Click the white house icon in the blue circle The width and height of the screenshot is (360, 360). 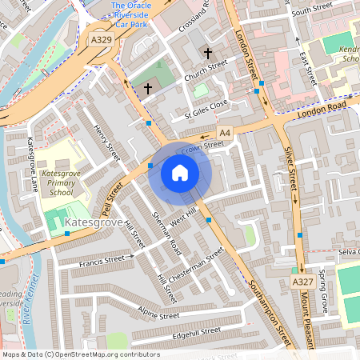(180, 173)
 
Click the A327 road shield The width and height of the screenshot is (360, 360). (302, 282)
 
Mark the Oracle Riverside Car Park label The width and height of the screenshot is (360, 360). (130, 14)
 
